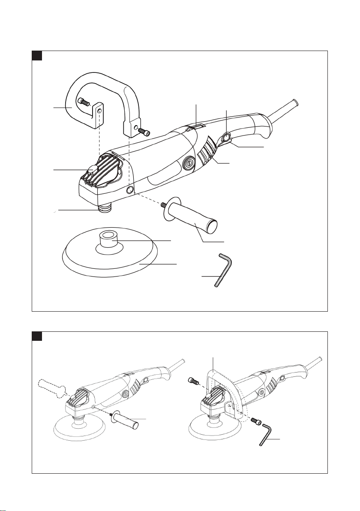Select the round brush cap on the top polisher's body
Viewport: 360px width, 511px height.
[x=187, y=163]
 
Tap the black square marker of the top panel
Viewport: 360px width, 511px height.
[x=37, y=55]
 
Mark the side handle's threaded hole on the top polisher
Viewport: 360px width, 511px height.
[x=130, y=189]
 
